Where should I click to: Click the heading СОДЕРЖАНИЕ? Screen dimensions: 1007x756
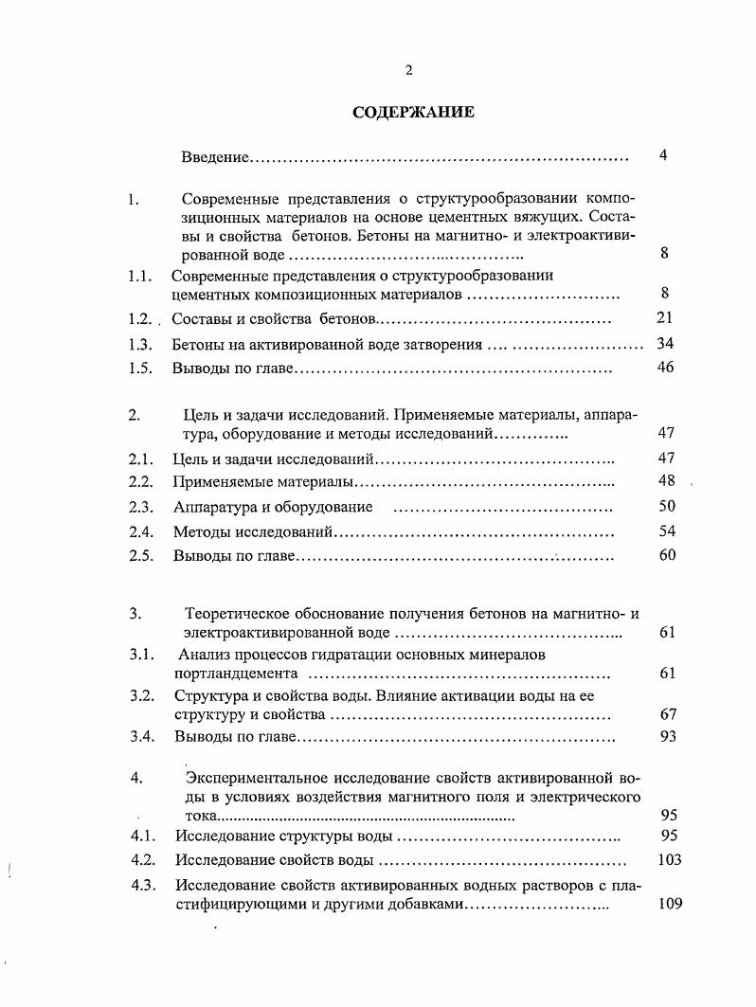pyautogui.click(x=413, y=112)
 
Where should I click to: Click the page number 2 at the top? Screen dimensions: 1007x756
pyautogui.click(x=408, y=69)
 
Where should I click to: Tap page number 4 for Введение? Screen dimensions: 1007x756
pyautogui.click(x=664, y=155)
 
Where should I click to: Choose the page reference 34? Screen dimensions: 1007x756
pyautogui.click(x=664, y=344)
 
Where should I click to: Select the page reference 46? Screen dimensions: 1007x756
pyautogui.click(x=664, y=368)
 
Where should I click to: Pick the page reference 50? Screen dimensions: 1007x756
pyautogui.click(x=666, y=506)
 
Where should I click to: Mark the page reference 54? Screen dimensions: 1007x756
pyautogui.click(x=666, y=531)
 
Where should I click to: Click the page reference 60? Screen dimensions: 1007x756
pyautogui.click(x=666, y=555)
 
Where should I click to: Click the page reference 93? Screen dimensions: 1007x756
pyautogui.click(x=666, y=736)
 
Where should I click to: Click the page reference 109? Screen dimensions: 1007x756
pyautogui.click(x=669, y=905)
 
